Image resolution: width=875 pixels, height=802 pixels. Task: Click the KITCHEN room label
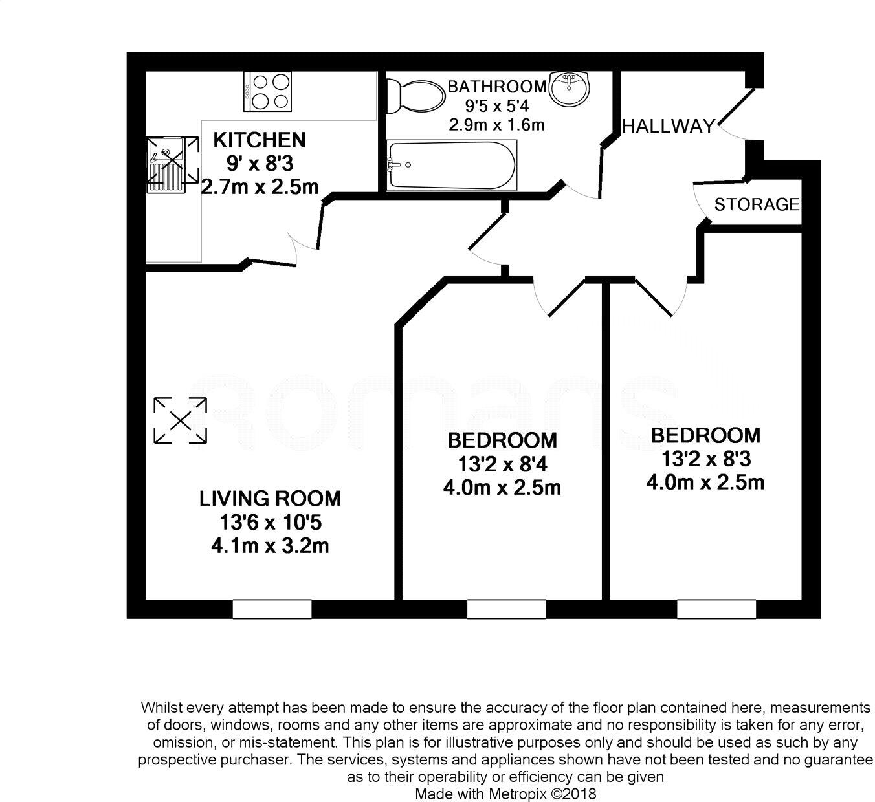(259, 140)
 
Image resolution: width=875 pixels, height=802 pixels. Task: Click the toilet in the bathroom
(414, 96)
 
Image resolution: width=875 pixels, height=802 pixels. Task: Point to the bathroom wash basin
(570, 88)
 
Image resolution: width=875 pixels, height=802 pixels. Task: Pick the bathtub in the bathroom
(451, 164)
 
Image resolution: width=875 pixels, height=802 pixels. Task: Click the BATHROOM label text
(497, 86)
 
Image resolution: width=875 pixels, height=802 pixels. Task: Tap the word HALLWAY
(668, 126)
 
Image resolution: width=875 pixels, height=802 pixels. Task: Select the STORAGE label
(757, 204)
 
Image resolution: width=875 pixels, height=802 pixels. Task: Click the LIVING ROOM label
(270, 498)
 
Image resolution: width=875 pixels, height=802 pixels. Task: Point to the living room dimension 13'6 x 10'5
(270, 522)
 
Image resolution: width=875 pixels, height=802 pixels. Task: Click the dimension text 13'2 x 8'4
(502, 464)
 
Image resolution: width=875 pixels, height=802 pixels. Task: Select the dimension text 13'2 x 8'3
(705, 459)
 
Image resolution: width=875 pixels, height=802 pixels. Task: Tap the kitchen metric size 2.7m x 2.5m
(260, 187)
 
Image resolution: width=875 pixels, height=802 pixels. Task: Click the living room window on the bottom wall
(272, 609)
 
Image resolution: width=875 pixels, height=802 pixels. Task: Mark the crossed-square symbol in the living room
(181, 421)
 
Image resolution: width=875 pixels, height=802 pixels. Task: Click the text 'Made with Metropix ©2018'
(505, 793)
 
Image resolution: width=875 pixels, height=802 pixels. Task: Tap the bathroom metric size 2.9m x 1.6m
(497, 125)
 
